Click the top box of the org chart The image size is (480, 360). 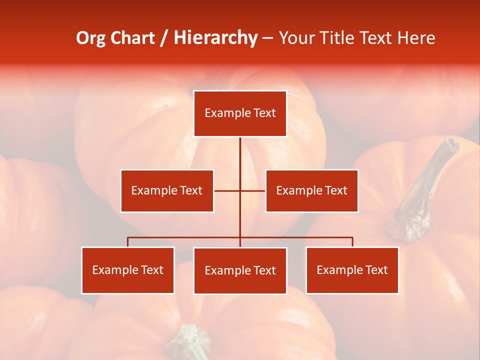240,113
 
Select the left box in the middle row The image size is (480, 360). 167,190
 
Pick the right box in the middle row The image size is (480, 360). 311,190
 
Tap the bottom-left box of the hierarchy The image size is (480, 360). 128,270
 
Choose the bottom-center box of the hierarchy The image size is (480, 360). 240,270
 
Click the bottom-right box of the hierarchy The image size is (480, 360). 352,270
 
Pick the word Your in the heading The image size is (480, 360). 297,38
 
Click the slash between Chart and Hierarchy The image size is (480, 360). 164,38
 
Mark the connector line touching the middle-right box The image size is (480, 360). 253,190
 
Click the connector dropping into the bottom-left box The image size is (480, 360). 128,242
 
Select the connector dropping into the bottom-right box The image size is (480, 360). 352,242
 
